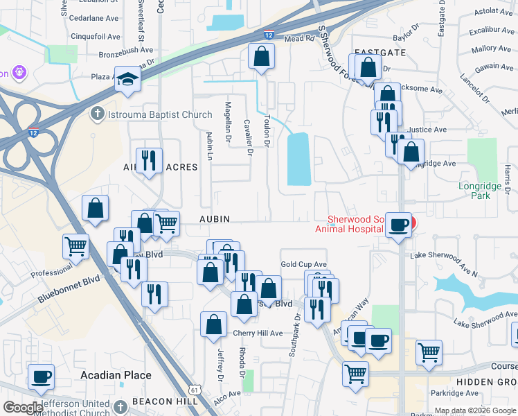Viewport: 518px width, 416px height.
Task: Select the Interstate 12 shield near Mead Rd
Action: pos(268,35)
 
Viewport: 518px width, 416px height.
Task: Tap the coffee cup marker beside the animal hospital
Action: pos(398,225)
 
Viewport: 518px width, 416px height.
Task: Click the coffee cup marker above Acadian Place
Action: pos(42,377)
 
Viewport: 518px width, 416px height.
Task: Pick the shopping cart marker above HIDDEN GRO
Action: pos(429,352)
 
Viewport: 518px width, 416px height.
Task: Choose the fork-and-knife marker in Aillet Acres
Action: pos(150,160)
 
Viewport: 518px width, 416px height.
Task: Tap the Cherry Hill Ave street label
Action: pos(257,333)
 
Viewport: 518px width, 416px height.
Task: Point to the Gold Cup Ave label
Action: pos(303,264)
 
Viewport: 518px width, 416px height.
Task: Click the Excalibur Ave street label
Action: pos(489,31)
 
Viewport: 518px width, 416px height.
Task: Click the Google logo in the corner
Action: pos(23,408)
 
